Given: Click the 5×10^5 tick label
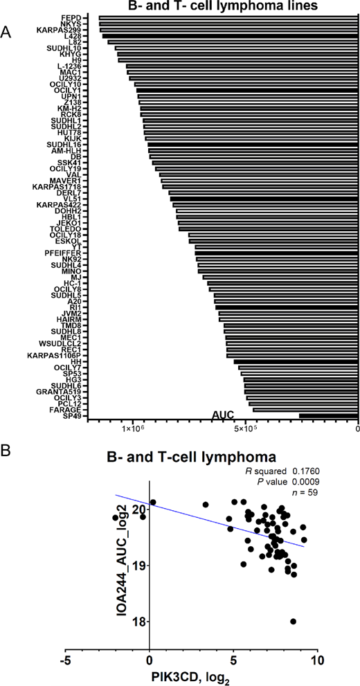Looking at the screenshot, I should point(245,430).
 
